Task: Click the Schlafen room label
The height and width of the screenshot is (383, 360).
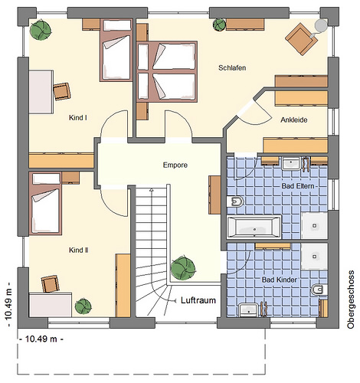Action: pyautogui.click(x=232, y=68)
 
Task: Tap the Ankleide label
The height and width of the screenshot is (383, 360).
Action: pyautogui.click(x=294, y=119)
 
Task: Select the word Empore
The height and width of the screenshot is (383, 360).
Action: pyautogui.click(x=175, y=165)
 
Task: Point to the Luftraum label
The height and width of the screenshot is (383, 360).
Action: pyautogui.click(x=198, y=300)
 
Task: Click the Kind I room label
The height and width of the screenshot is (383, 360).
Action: pyautogui.click(x=78, y=118)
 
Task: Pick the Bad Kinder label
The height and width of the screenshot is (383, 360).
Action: pyautogui.click(x=280, y=280)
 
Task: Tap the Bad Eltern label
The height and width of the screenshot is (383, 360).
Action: pyautogui.click(x=298, y=186)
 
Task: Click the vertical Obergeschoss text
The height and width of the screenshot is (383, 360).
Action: pyautogui.click(x=351, y=300)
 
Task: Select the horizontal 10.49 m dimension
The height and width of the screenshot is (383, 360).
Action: pyautogui.click(x=41, y=339)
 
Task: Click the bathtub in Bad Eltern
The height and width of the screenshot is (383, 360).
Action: pyautogui.click(x=254, y=228)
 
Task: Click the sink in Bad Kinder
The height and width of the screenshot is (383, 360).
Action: pyautogui.click(x=248, y=309)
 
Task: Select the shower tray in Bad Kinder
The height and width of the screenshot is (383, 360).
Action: pyautogui.click(x=314, y=257)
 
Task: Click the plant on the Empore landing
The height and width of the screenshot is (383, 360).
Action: pyautogui.click(x=183, y=267)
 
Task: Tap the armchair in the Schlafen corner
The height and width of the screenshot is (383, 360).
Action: pyautogui.click(x=302, y=39)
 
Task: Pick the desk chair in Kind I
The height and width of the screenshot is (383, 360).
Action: pyautogui.click(x=62, y=91)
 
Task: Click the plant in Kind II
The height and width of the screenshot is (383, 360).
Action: pyautogui.click(x=83, y=306)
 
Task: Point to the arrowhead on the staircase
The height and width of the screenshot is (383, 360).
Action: pyautogui.click(x=152, y=190)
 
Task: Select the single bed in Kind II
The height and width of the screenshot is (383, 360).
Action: pyautogui.click(x=45, y=203)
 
